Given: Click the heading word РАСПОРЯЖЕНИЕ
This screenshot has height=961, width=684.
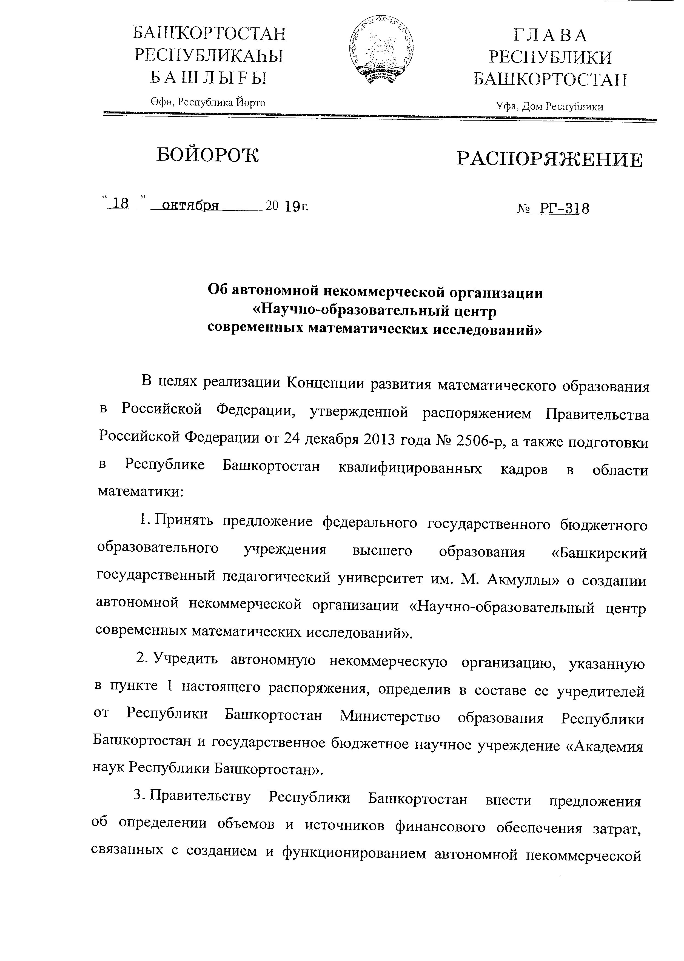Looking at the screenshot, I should [550, 161].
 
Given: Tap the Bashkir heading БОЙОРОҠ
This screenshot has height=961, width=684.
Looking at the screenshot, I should [208, 155].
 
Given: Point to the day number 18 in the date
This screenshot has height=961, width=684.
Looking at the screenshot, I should [121, 204].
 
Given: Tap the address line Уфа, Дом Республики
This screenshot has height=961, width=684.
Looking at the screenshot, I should [550, 107].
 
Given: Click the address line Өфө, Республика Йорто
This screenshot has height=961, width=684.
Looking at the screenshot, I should [208, 102].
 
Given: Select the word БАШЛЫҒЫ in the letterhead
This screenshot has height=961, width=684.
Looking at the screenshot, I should [209, 78].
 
